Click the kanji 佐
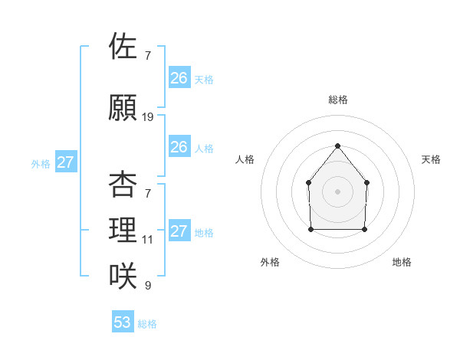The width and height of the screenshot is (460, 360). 123,47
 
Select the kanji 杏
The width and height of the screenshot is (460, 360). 123,185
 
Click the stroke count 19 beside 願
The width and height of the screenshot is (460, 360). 148,117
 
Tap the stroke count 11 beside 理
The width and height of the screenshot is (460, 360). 148,240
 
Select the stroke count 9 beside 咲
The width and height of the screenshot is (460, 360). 148,286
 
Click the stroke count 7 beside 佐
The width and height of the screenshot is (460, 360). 148,56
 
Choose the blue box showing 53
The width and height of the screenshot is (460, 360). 123,322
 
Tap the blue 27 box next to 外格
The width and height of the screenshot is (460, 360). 66,162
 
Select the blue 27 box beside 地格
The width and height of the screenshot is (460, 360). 179,231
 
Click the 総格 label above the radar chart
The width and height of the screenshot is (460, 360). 337,100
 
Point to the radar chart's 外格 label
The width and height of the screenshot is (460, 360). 270,262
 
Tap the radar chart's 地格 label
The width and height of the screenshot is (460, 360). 402,262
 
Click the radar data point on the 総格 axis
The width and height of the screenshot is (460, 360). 337,146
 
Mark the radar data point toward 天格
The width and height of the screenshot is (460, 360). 366,182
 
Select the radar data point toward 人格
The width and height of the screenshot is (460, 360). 308,182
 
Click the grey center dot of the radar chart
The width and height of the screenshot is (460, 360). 337,191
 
